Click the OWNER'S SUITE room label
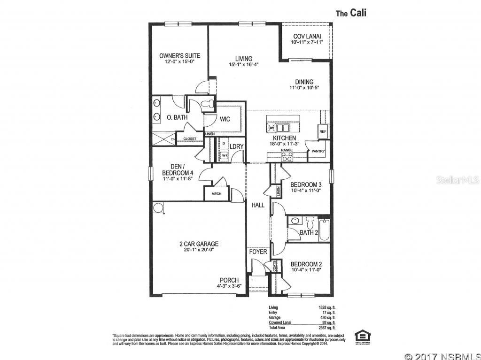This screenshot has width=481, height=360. [176, 55]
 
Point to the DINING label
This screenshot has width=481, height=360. [304, 82]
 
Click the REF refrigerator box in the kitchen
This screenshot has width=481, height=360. [323, 132]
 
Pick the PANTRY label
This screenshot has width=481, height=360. [318, 151]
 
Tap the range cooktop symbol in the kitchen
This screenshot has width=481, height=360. [287, 157]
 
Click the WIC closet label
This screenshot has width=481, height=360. [225, 119]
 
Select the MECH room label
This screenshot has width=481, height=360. [216, 193]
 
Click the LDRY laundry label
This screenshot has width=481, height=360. [236, 146]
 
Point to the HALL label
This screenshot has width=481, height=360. [258, 205]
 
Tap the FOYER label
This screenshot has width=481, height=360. [258, 252]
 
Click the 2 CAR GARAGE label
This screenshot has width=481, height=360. [199, 244]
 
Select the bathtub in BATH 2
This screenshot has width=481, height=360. [324, 230]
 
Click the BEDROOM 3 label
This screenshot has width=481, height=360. [306, 184]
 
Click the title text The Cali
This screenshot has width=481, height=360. [350, 13]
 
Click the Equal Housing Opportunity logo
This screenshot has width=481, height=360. [362, 336]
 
